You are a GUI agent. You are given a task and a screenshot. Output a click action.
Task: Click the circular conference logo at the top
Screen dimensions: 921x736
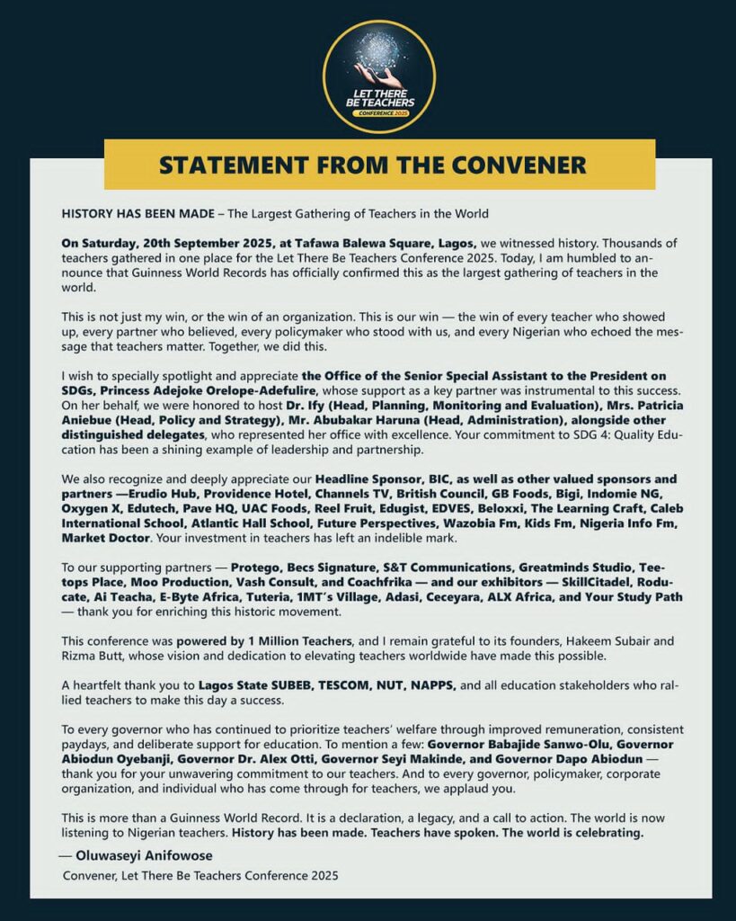tap(378, 76)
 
